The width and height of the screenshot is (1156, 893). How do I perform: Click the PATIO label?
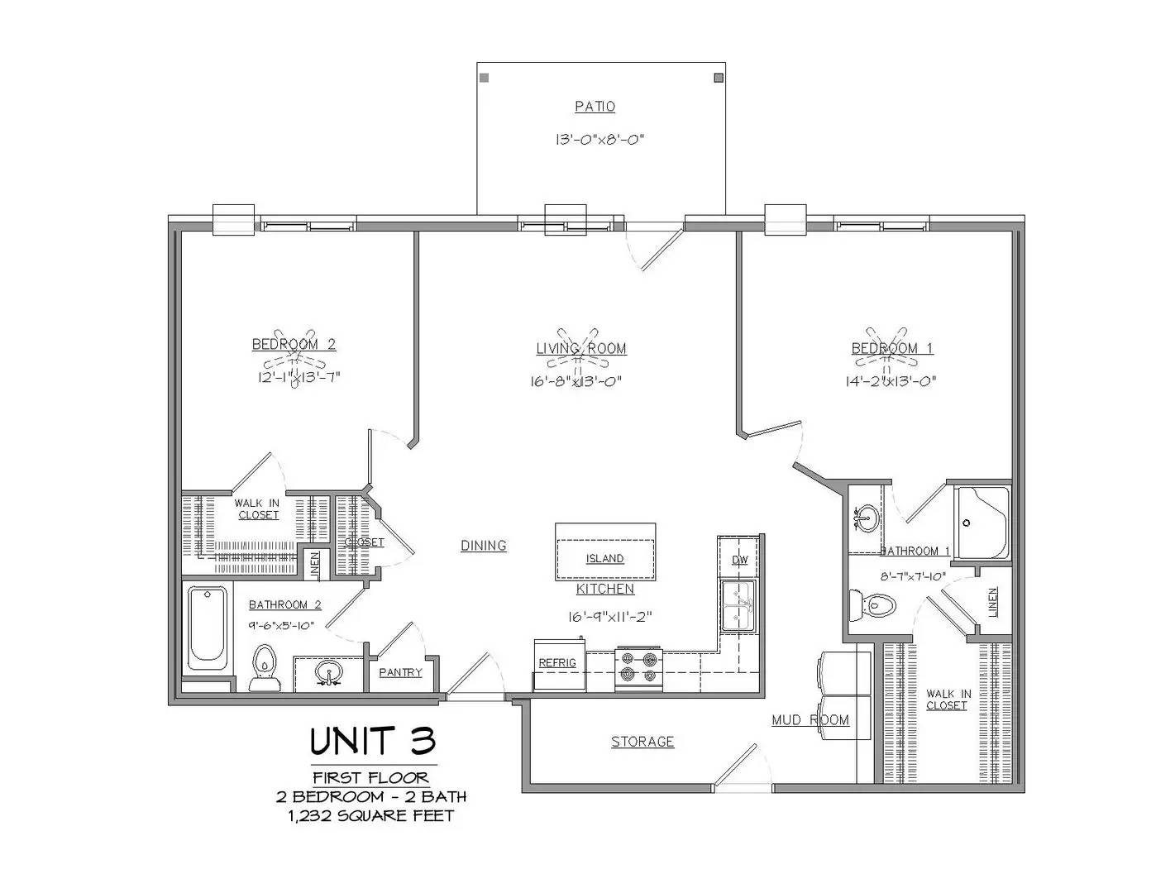(595, 107)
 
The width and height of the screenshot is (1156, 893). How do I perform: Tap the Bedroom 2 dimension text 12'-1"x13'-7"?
(299, 377)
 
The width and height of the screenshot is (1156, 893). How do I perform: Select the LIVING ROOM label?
(581, 349)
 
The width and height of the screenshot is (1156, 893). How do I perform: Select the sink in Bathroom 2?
(329, 673)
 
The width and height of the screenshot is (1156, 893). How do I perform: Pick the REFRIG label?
(557, 663)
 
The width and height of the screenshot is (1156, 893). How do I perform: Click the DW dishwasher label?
(739, 561)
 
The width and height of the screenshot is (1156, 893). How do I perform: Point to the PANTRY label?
(400, 672)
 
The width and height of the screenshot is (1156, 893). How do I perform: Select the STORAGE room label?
(642, 742)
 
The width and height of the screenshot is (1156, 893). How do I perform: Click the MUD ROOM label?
(810, 720)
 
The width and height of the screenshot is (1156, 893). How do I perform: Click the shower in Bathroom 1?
(982, 523)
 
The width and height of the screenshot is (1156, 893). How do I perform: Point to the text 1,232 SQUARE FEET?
(371, 816)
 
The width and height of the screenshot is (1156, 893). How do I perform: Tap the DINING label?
(484, 546)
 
